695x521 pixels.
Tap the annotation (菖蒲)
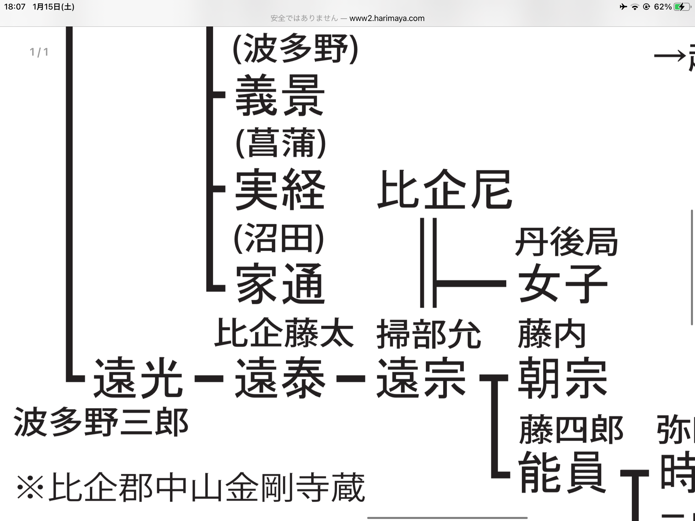[281, 143]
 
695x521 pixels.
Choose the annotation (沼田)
[279, 238]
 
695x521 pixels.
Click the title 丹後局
[566, 242]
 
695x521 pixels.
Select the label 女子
[563, 284]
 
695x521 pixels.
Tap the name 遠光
[138, 378]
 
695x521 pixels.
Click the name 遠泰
[280, 378]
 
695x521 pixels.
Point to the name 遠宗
[421, 378]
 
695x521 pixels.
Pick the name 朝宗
[563, 378]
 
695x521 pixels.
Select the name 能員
[562, 472]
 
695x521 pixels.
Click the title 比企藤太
[284, 333]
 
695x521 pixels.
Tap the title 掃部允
[429, 334]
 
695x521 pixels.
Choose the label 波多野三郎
[101, 423]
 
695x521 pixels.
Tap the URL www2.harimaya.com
[387, 18]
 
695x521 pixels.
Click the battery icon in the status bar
[682, 7]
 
